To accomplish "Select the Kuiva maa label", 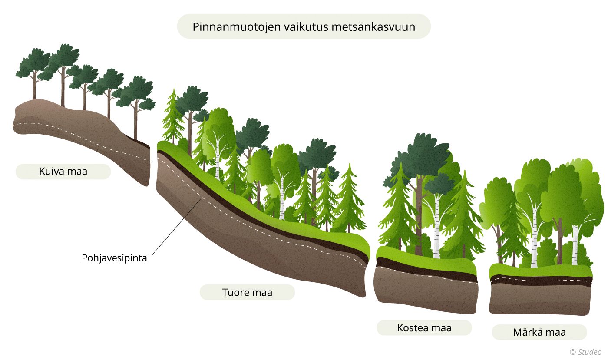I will (x=63, y=172).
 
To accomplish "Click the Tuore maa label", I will (x=247, y=292).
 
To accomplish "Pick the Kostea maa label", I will (x=424, y=328).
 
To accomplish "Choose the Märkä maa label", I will (x=539, y=333).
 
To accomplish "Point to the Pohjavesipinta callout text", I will (x=114, y=258).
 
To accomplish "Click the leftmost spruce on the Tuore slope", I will (x=173, y=117).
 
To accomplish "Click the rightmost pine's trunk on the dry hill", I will (x=136, y=122).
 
